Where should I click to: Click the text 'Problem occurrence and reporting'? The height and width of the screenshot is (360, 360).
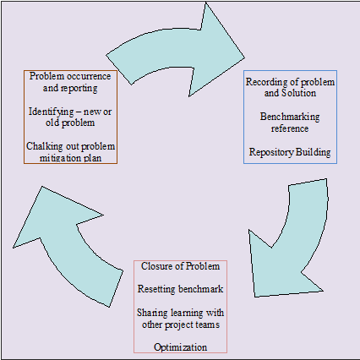(70, 82)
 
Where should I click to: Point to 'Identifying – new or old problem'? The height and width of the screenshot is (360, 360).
(70, 117)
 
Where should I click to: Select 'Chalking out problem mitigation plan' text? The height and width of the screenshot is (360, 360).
(70, 152)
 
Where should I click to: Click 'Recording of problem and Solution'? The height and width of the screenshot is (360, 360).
(290, 87)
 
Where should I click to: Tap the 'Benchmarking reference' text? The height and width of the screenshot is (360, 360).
(290, 123)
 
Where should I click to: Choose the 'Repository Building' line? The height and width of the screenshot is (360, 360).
(290, 152)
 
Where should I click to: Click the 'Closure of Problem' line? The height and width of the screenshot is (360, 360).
(180, 266)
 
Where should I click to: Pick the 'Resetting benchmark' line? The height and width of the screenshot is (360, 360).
(180, 289)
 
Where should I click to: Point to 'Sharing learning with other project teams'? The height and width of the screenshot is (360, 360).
(181, 319)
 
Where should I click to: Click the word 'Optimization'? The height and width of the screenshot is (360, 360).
(180, 347)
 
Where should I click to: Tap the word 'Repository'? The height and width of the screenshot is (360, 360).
(271, 152)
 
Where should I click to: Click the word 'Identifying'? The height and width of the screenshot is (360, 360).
(52, 112)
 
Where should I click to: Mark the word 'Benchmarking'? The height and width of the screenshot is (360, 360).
(290, 117)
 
